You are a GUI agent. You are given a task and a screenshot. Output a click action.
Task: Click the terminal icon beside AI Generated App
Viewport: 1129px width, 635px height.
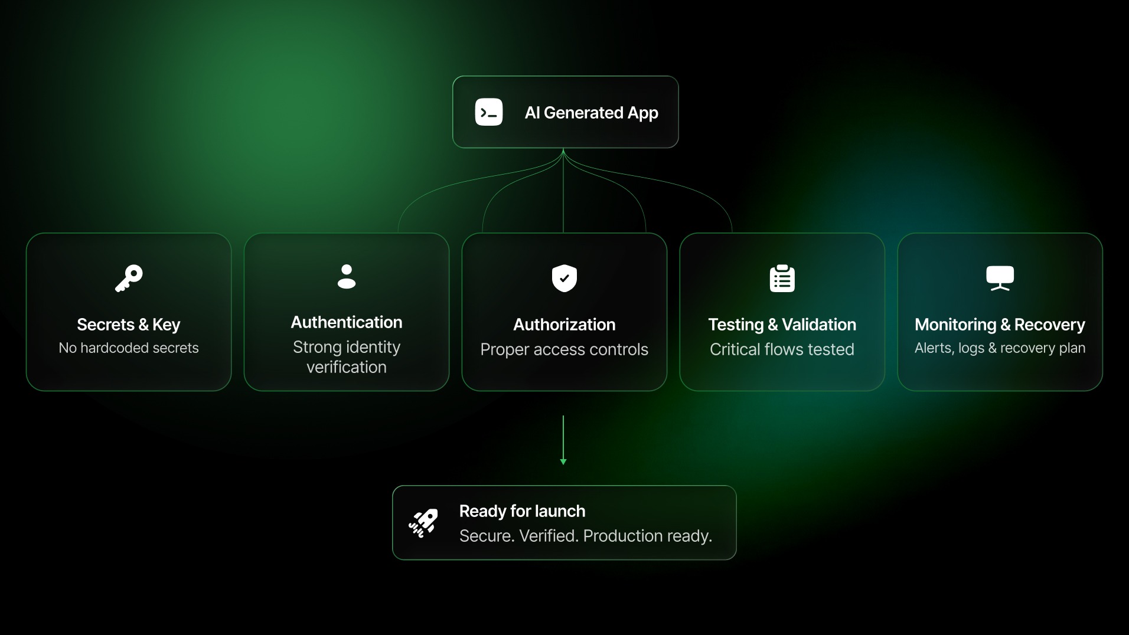[489, 112]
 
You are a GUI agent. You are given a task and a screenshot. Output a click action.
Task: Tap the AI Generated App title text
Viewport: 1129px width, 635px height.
[591, 113]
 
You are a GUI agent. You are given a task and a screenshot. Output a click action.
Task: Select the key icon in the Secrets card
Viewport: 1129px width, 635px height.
[129, 279]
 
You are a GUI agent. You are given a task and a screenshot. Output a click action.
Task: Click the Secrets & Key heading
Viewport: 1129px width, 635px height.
[129, 325]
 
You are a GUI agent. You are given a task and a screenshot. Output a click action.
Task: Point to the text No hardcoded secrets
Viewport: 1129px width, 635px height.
[129, 348]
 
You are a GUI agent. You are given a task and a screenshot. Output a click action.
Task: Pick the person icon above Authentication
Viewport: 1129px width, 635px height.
[347, 277]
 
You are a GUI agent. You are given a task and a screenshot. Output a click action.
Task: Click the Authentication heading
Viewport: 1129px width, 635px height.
[347, 322]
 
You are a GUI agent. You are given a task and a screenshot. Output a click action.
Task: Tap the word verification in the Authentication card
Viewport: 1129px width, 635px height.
[347, 367]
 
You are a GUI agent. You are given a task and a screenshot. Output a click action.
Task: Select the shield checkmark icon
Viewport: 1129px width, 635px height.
[564, 278]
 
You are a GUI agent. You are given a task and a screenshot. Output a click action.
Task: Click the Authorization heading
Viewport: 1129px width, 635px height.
[564, 325]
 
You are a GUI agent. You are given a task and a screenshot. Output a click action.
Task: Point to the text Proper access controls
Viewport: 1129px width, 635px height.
[564, 349]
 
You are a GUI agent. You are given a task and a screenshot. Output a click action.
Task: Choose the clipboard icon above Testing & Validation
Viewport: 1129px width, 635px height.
[782, 279]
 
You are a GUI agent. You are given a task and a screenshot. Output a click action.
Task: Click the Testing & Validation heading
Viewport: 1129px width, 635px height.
[782, 325]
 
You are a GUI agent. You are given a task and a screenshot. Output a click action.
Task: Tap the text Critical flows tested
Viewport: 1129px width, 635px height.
[782, 349]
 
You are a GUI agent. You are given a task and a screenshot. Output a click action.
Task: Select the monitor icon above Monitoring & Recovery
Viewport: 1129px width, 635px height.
[1000, 278]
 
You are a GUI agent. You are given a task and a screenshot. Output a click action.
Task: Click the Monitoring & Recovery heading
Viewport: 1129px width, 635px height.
[1000, 325]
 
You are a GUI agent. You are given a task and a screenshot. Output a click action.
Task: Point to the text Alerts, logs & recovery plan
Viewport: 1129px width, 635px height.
[1000, 348]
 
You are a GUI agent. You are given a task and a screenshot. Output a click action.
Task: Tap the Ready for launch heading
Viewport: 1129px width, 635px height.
[523, 511]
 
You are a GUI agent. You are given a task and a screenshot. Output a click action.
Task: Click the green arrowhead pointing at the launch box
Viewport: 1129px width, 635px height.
[563, 461]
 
